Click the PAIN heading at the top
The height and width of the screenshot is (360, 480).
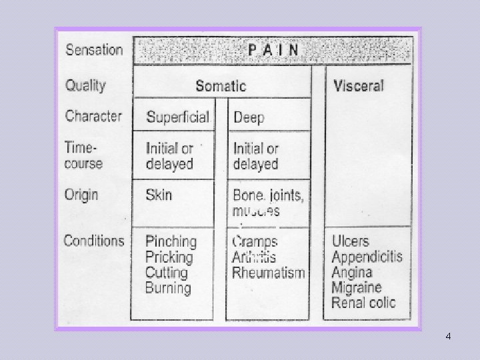[x=273, y=50]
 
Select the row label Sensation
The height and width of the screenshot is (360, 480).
[x=94, y=50]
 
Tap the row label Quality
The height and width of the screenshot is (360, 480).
[x=85, y=85]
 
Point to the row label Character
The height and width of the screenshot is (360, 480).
[x=93, y=116]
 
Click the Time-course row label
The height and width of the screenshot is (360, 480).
[x=83, y=155]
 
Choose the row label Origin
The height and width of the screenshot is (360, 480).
[x=81, y=195]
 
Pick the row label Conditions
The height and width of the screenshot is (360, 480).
[x=94, y=241]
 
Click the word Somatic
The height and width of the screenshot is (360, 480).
[x=221, y=86]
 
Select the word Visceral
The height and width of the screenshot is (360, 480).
[x=359, y=85]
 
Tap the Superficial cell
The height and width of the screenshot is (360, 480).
[x=177, y=117]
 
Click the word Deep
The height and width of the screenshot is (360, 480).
[x=249, y=118]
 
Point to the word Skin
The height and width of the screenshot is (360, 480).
[x=159, y=195]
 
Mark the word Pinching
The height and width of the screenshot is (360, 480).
[x=171, y=241]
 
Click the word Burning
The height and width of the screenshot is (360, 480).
[x=168, y=289]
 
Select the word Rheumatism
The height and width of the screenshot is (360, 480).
[x=269, y=272]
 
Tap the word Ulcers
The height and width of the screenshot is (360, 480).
[x=350, y=241]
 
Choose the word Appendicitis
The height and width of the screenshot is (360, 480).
[x=367, y=257]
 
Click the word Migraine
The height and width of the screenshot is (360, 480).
[x=357, y=287]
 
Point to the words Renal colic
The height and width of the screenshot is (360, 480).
[x=363, y=303]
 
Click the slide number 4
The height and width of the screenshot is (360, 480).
[x=448, y=336]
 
